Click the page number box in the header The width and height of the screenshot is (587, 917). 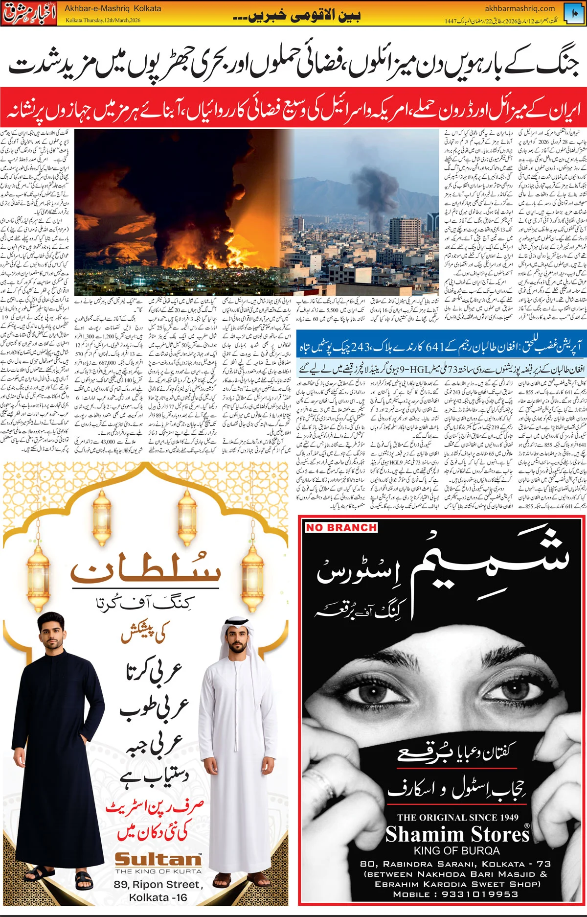pos(574,13)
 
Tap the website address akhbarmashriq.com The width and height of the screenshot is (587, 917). pos(520,8)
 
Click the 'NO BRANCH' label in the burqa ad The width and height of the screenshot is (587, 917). pos(341,527)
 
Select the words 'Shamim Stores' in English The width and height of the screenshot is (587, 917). pos(457,834)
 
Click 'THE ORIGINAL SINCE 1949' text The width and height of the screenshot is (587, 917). pos(458,817)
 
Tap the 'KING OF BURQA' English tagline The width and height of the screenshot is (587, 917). pos(457,850)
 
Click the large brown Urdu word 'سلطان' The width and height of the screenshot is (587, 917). pos(145,568)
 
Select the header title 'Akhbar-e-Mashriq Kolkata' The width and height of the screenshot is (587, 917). pos(113,8)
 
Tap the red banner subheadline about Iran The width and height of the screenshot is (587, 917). pos(293,108)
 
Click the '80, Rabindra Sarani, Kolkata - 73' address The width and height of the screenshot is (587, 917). pos(455,864)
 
